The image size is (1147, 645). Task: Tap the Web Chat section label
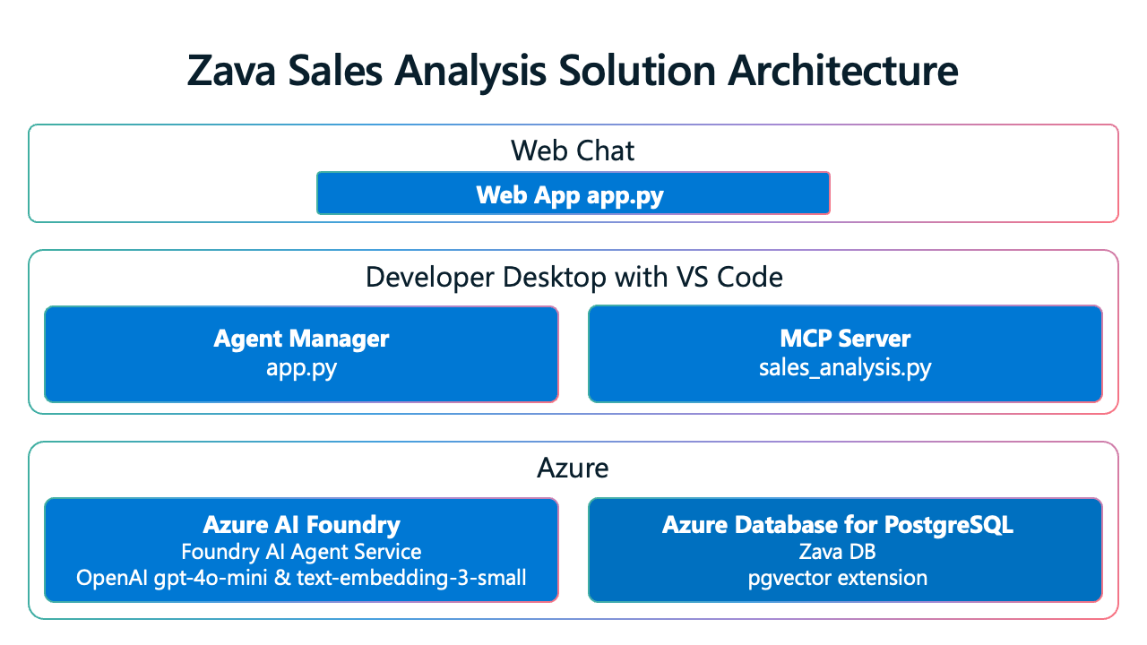tap(573, 150)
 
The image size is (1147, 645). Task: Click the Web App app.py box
tap(573, 194)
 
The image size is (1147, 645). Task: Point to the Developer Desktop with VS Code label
tap(573, 277)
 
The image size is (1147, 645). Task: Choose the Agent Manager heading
tap(301, 339)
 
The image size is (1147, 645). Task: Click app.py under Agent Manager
tap(301, 367)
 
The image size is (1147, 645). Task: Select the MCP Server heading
tap(845, 339)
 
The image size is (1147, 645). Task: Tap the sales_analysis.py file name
tap(845, 367)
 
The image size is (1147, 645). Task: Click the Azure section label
tap(573, 467)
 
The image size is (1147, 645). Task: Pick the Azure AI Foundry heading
tap(301, 524)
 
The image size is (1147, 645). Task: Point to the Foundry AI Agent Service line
tap(301, 551)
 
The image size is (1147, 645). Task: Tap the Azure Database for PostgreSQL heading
tap(838, 524)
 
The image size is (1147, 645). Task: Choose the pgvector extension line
tap(838, 578)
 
